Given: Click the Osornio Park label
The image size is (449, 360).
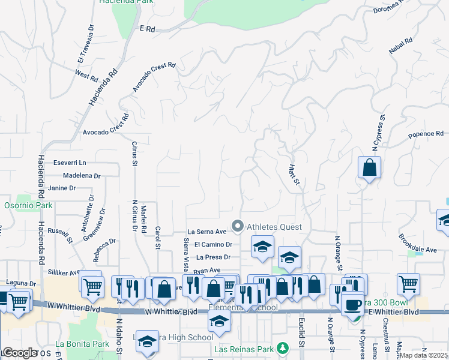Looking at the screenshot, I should (x=28, y=205).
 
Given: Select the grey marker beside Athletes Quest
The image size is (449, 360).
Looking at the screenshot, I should (x=238, y=227).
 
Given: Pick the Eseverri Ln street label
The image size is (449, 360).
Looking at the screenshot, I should (x=70, y=163).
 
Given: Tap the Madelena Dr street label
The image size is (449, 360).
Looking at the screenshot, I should (x=82, y=176).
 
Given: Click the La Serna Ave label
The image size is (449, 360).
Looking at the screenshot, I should (x=206, y=231).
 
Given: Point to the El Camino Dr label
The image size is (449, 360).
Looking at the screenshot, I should (x=214, y=244).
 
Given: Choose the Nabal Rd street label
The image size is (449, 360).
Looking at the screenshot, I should (x=401, y=49).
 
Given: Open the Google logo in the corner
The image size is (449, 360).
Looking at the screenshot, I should (x=20, y=353).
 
